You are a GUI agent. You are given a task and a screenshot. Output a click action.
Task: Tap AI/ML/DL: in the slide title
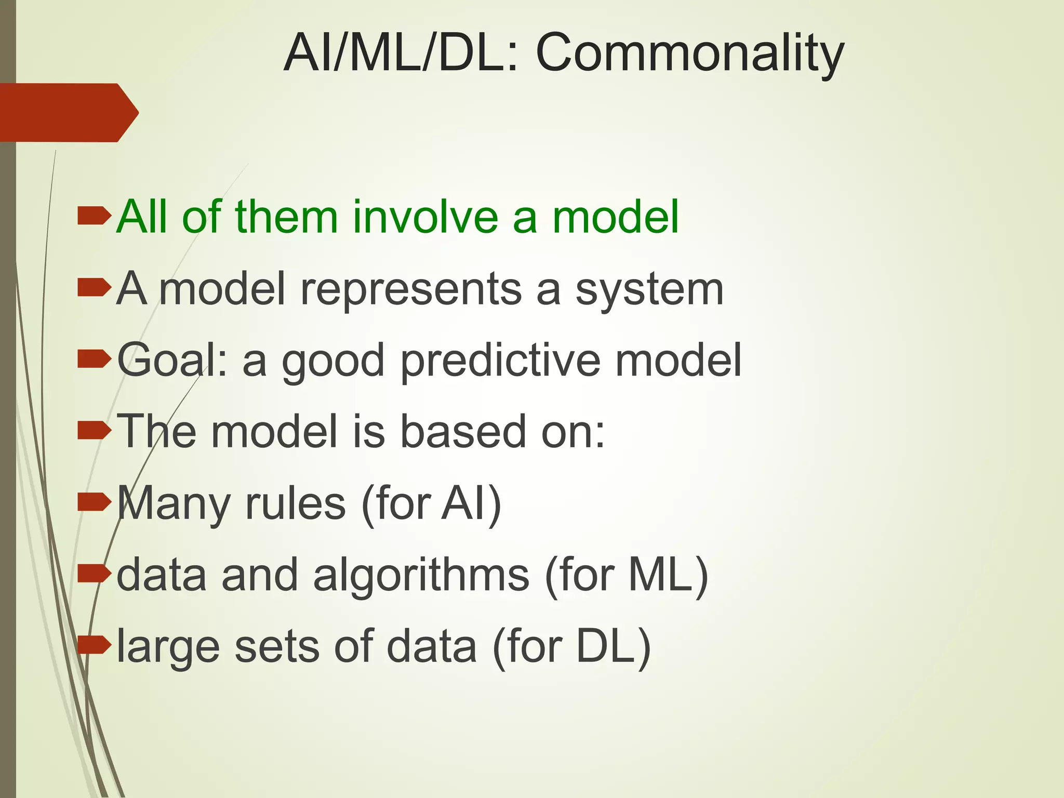pyautogui.click(x=400, y=53)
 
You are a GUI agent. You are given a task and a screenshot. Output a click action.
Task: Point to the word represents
pyautogui.click(x=411, y=289)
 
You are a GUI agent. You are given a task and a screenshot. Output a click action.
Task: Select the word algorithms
pyautogui.click(x=421, y=576)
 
